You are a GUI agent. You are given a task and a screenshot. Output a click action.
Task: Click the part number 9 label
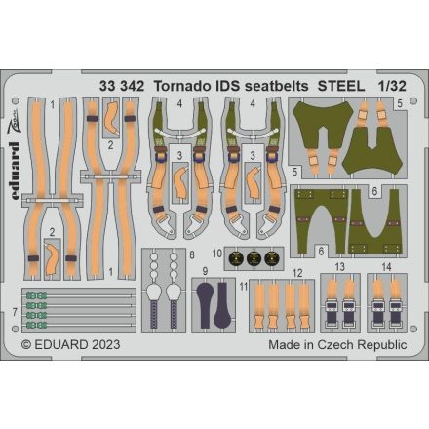205,270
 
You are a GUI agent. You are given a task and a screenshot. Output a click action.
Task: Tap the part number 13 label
339,265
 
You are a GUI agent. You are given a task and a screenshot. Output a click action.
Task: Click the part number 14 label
386,265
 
